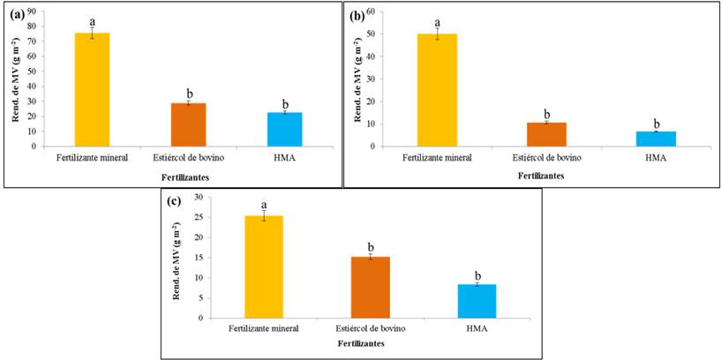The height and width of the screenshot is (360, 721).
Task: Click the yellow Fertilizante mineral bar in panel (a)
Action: tap(92, 89)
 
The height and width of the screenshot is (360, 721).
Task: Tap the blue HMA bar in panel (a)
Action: tap(284, 129)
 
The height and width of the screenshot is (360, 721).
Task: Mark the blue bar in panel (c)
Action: tap(477, 300)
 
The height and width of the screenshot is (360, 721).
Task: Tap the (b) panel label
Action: tap(357, 16)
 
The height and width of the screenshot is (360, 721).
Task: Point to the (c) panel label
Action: tap(175, 201)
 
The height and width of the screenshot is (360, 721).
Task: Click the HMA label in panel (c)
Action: tap(477, 329)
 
